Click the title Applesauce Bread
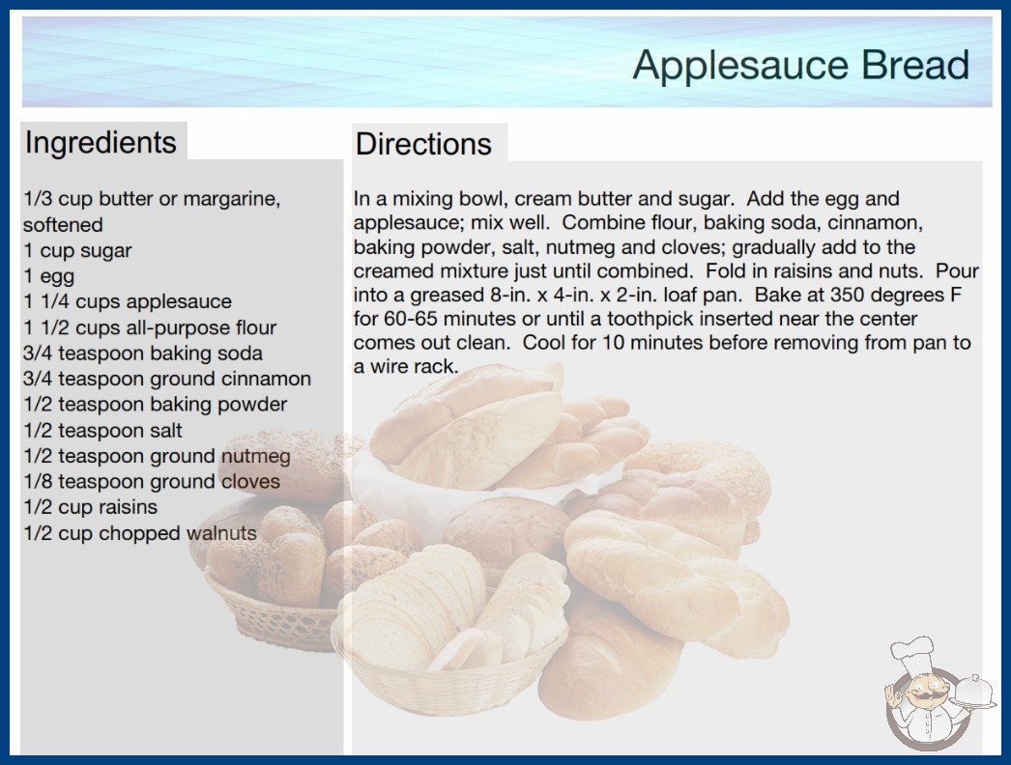(x=801, y=66)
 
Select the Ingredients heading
(x=101, y=143)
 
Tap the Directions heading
(x=423, y=144)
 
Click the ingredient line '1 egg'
(x=49, y=276)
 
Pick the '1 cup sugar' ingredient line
(x=77, y=251)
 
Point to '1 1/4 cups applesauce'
(x=128, y=301)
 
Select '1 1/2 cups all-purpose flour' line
(x=150, y=327)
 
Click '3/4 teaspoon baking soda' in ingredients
(x=143, y=354)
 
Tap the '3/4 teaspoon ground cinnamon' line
(x=167, y=379)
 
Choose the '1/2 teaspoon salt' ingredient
(x=103, y=431)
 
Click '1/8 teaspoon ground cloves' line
(x=152, y=481)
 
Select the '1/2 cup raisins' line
(x=90, y=507)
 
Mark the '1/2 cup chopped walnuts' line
(x=140, y=533)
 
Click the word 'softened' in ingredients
(x=63, y=225)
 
